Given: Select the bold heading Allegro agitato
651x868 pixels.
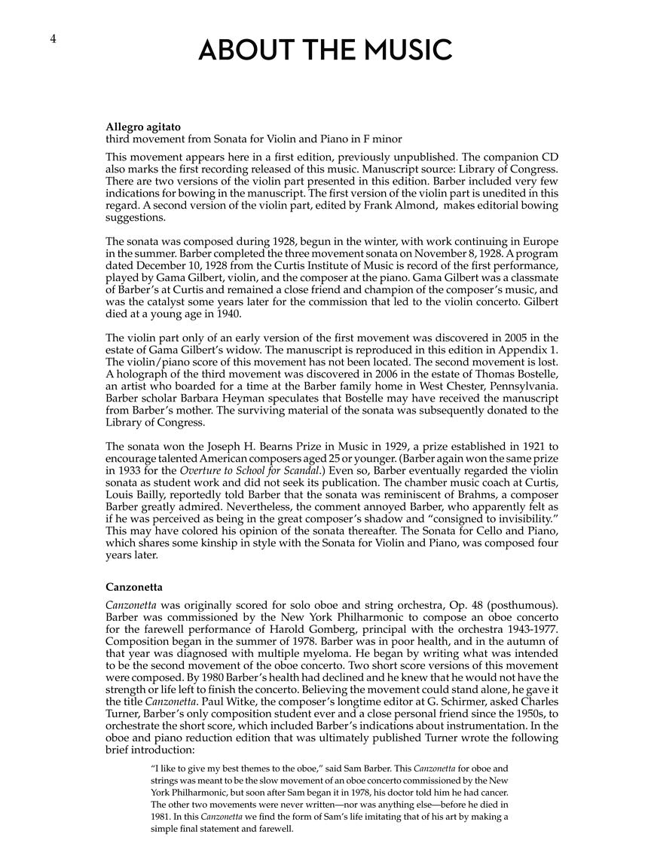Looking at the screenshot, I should coord(143,127).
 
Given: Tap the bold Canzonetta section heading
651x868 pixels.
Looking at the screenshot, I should coord(134,586).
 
